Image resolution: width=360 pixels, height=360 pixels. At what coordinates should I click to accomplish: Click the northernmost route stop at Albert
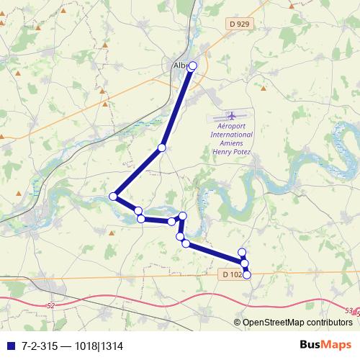[x=192, y=65]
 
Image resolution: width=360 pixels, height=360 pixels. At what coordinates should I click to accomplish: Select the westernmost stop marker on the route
[x=113, y=197]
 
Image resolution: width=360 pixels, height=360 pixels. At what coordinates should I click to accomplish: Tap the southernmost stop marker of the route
[x=247, y=274]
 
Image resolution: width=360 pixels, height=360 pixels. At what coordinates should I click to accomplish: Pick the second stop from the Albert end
[x=162, y=148]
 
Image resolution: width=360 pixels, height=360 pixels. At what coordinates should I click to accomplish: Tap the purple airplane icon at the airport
[x=232, y=116]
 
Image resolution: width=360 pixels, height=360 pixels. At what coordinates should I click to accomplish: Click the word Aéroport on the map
[x=232, y=126]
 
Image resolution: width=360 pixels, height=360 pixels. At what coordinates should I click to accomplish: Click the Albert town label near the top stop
[x=180, y=66]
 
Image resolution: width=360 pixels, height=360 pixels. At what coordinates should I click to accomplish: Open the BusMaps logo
[x=325, y=344]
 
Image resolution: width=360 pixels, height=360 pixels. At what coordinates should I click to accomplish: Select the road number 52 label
[x=50, y=306]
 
